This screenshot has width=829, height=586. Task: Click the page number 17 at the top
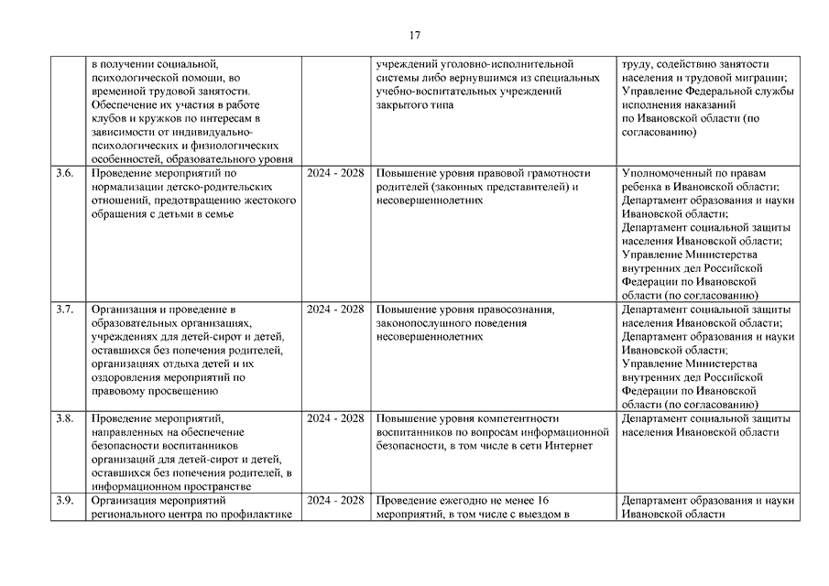(x=415, y=36)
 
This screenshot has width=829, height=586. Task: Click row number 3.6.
(x=63, y=173)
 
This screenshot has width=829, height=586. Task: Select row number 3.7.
(x=63, y=309)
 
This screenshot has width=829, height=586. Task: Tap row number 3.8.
(x=63, y=418)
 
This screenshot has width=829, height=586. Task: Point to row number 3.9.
(x=63, y=501)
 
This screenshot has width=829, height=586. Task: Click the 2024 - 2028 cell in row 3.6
(x=335, y=173)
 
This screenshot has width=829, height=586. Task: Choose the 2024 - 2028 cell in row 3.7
(x=335, y=309)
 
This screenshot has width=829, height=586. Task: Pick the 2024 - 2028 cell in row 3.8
(x=335, y=418)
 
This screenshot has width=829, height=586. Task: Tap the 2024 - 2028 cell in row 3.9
(x=335, y=501)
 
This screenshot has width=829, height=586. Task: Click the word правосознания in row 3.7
(x=516, y=309)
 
